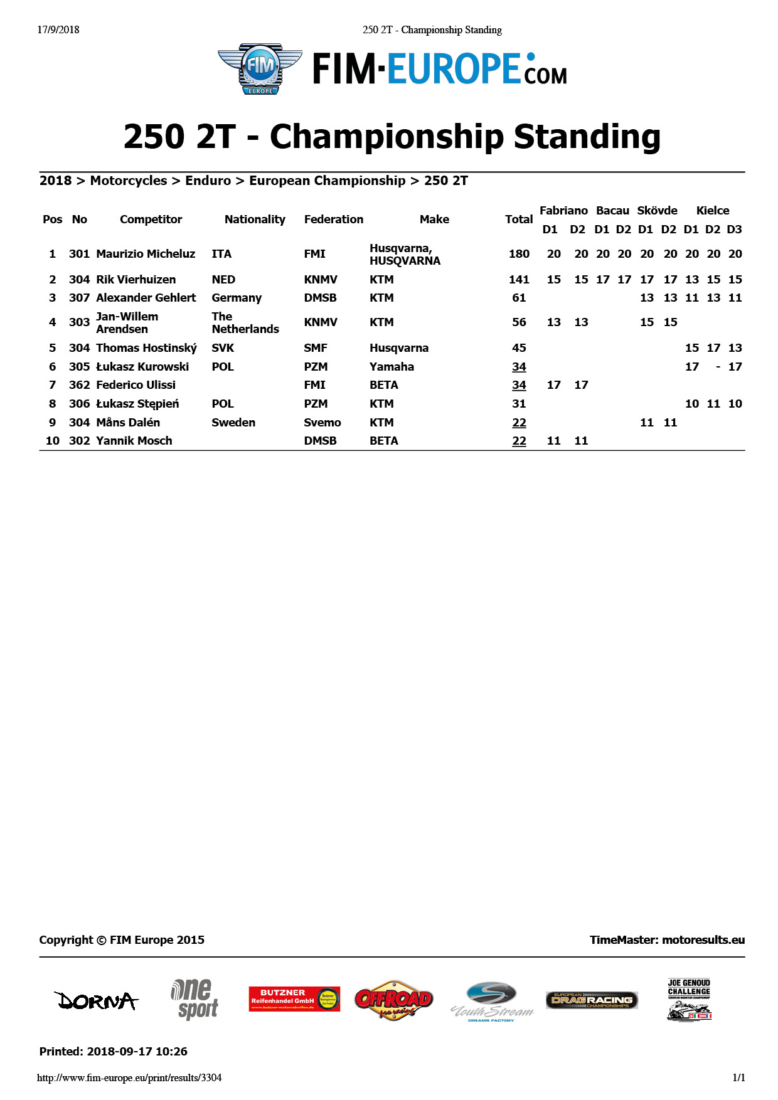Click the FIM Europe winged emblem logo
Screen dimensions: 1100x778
(x=260, y=69)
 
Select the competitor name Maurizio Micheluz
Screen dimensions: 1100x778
(x=146, y=254)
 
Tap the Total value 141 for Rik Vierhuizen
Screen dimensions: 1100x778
(x=519, y=280)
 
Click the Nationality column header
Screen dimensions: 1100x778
(x=255, y=219)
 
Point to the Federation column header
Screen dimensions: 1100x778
(x=333, y=219)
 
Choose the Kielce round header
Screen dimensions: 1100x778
(x=713, y=211)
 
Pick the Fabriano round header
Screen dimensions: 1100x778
(x=563, y=211)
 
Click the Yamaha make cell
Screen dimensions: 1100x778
(x=392, y=367)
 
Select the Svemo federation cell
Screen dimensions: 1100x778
(x=322, y=423)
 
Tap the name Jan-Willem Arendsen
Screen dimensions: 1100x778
(x=127, y=323)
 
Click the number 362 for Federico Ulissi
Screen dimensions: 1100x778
(x=79, y=385)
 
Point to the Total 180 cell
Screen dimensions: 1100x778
(x=519, y=254)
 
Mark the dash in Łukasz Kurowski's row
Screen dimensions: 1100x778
(x=718, y=367)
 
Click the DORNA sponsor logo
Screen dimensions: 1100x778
(x=96, y=1000)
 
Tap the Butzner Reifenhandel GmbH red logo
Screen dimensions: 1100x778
(x=294, y=998)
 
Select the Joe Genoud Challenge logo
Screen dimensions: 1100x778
(x=689, y=1000)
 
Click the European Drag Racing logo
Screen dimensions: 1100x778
(x=592, y=1000)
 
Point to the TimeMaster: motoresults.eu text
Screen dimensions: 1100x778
(x=667, y=940)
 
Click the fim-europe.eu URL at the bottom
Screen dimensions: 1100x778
(x=129, y=1078)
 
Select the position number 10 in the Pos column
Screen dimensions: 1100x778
(x=53, y=441)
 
